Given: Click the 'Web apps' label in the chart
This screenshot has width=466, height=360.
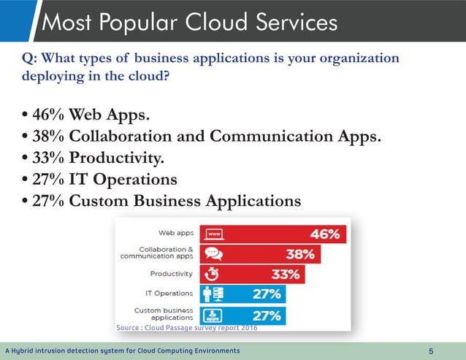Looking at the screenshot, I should point(176,234).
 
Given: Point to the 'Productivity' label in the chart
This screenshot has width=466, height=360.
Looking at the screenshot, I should point(171,274).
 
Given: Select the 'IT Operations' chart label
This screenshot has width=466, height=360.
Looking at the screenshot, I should point(169,294).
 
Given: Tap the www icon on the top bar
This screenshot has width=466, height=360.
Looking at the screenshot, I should point(214,234).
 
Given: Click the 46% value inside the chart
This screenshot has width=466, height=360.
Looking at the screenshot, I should point(324,234).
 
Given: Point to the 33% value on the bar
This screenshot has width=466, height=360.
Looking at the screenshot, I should point(285,275).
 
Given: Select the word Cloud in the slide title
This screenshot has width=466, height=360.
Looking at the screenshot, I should point(210,23).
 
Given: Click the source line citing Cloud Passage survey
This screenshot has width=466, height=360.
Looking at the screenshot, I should point(187,328).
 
